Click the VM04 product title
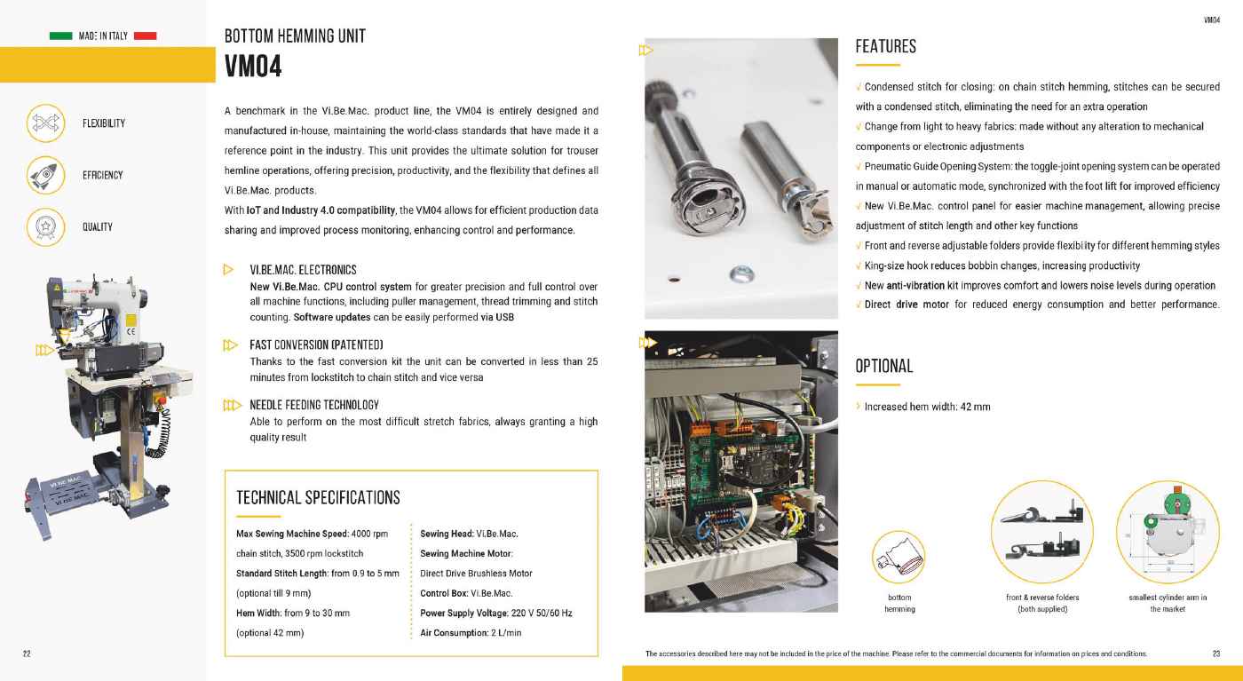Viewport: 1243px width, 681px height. [253, 66]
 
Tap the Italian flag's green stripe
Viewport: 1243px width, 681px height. [61, 36]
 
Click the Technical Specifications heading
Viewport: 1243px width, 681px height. [318, 498]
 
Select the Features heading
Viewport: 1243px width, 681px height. [885, 46]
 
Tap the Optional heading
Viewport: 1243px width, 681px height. [883, 366]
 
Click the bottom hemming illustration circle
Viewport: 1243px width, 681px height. [899, 557]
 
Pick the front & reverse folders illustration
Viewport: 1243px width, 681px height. [1042, 533]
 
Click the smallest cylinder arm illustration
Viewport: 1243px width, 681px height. [1168, 533]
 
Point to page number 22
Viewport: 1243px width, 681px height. [27, 654]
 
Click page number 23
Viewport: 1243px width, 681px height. [1215, 654]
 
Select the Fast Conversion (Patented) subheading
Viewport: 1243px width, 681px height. [316, 344]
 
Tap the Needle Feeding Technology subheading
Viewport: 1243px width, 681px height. [314, 405]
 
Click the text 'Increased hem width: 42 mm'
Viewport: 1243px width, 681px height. [927, 407]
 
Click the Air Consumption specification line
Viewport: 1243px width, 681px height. [471, 633]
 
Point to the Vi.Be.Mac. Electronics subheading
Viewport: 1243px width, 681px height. [303, 270]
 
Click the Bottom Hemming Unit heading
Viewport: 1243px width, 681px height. [295, 36]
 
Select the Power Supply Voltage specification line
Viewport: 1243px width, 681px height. [495, 613]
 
